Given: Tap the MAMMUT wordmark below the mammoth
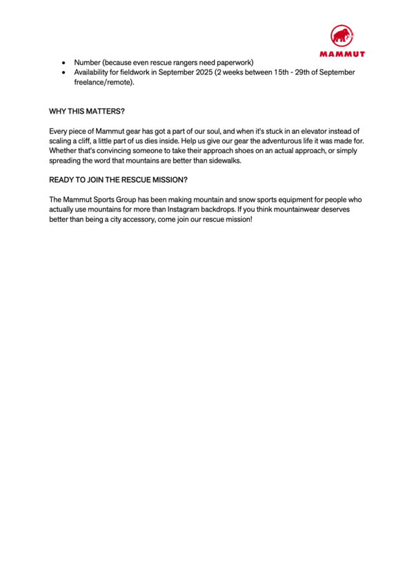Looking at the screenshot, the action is [342, 54].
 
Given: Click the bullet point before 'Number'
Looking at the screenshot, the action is [63, 63].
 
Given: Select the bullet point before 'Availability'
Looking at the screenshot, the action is [63, 72].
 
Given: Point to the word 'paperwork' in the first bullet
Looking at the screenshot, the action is [237, 63].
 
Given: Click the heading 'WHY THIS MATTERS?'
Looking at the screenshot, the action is [87, 111].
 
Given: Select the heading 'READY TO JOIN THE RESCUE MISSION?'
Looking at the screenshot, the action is [118, 180].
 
